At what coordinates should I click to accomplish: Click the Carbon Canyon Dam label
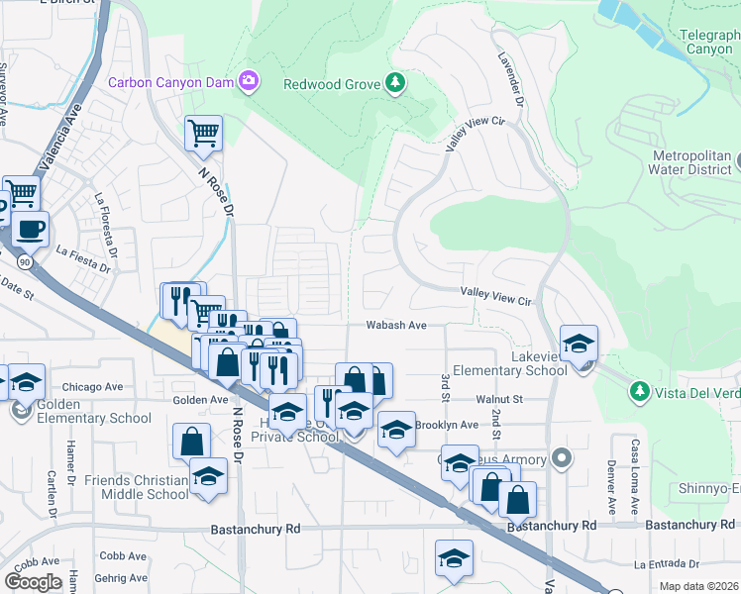tap(170, 83)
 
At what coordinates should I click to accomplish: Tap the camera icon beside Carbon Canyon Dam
tap(249, 82)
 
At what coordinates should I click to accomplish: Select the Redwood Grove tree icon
tap(396, 83)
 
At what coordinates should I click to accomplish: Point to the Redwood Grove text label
tap(332, 84)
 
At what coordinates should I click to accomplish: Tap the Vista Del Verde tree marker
tap(640, 392)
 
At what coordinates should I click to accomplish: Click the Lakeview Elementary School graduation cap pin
tap(579, 345)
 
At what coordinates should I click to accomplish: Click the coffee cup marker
tap(30, 230)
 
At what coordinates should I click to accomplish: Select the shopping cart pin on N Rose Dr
tap(203, 133)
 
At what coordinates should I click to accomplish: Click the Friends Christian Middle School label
tap(136, 487)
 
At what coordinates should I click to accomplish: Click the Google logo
tap(34, 582)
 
